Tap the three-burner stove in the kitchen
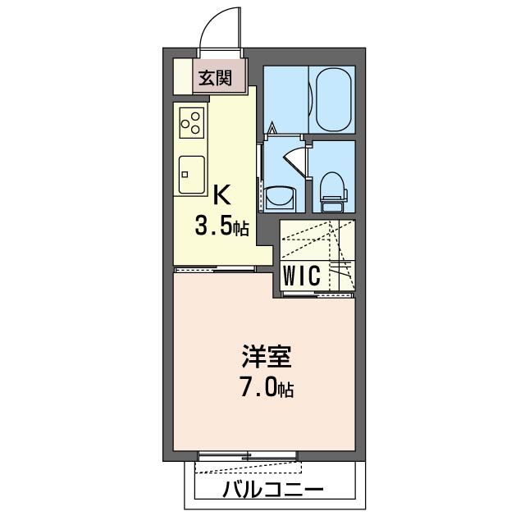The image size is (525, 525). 191,124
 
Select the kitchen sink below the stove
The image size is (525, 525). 192,173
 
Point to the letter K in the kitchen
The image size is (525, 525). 221,195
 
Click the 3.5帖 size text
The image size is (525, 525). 221,227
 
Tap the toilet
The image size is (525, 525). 333,188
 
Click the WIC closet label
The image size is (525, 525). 301,276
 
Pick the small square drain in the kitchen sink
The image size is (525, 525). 185,173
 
